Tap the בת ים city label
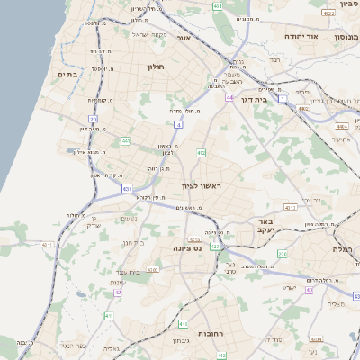tap(66, 75)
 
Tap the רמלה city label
tap(345, 248)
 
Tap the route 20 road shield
tap(93, 119)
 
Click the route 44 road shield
tap(229, 97)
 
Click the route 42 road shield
tap(117, 292)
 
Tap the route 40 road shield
tap(309, 290)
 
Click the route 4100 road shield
tap(152, 269)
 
